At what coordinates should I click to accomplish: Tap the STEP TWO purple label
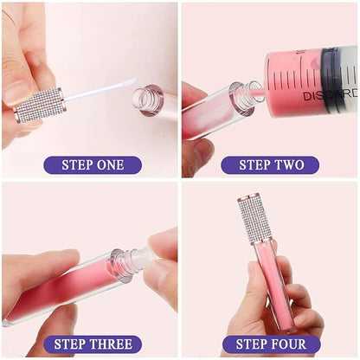pyautogui.click(x=269, y=164)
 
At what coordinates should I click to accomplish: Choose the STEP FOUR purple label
pyautogui.click(x=269, y=344)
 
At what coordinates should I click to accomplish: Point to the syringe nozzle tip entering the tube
pyautogui.click(x=256, y=87)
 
